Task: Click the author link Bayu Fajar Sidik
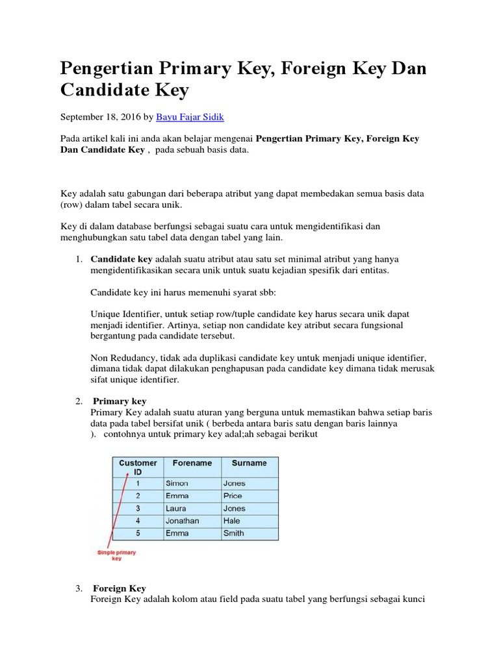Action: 189,117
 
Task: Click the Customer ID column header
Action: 138,468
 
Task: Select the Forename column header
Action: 192,463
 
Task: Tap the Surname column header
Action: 249,463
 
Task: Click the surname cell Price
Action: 232,496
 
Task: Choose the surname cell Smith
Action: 233,533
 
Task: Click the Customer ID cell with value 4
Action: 137,521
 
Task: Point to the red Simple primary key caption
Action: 117,555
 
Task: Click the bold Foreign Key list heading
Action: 120,588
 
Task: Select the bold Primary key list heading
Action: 120,401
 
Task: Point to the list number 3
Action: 78,588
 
